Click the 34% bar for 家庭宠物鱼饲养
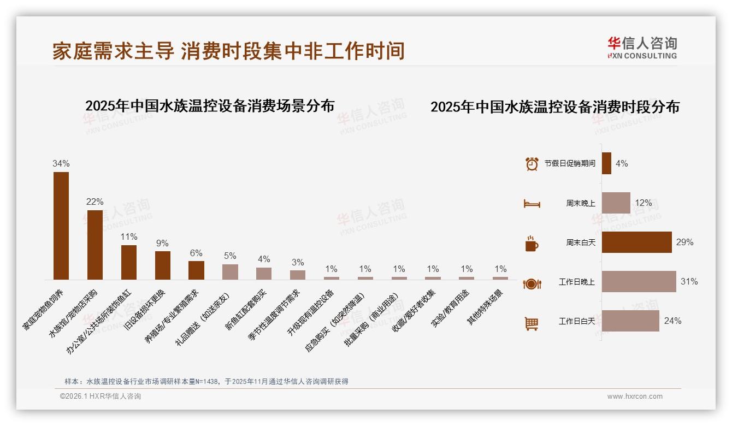[61, 226]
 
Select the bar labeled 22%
[95, 245]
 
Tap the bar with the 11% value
[129, 262]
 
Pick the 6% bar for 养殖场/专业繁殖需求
[196, 270]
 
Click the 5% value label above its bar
[230, 256]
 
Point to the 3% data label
[298, 262]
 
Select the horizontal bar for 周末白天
[636, 242]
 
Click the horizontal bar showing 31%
[639, 281]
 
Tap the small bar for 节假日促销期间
[606, 163]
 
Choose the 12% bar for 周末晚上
[616, 203]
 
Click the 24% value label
[672, 321]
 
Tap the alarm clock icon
[532, 163]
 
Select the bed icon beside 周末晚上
[532, 204]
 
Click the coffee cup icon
[532, 244]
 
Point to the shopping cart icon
[532, 323]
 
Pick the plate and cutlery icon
[532, 283]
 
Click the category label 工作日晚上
[576, 282]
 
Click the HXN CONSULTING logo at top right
[642, 48]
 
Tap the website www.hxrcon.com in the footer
[635, 397]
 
